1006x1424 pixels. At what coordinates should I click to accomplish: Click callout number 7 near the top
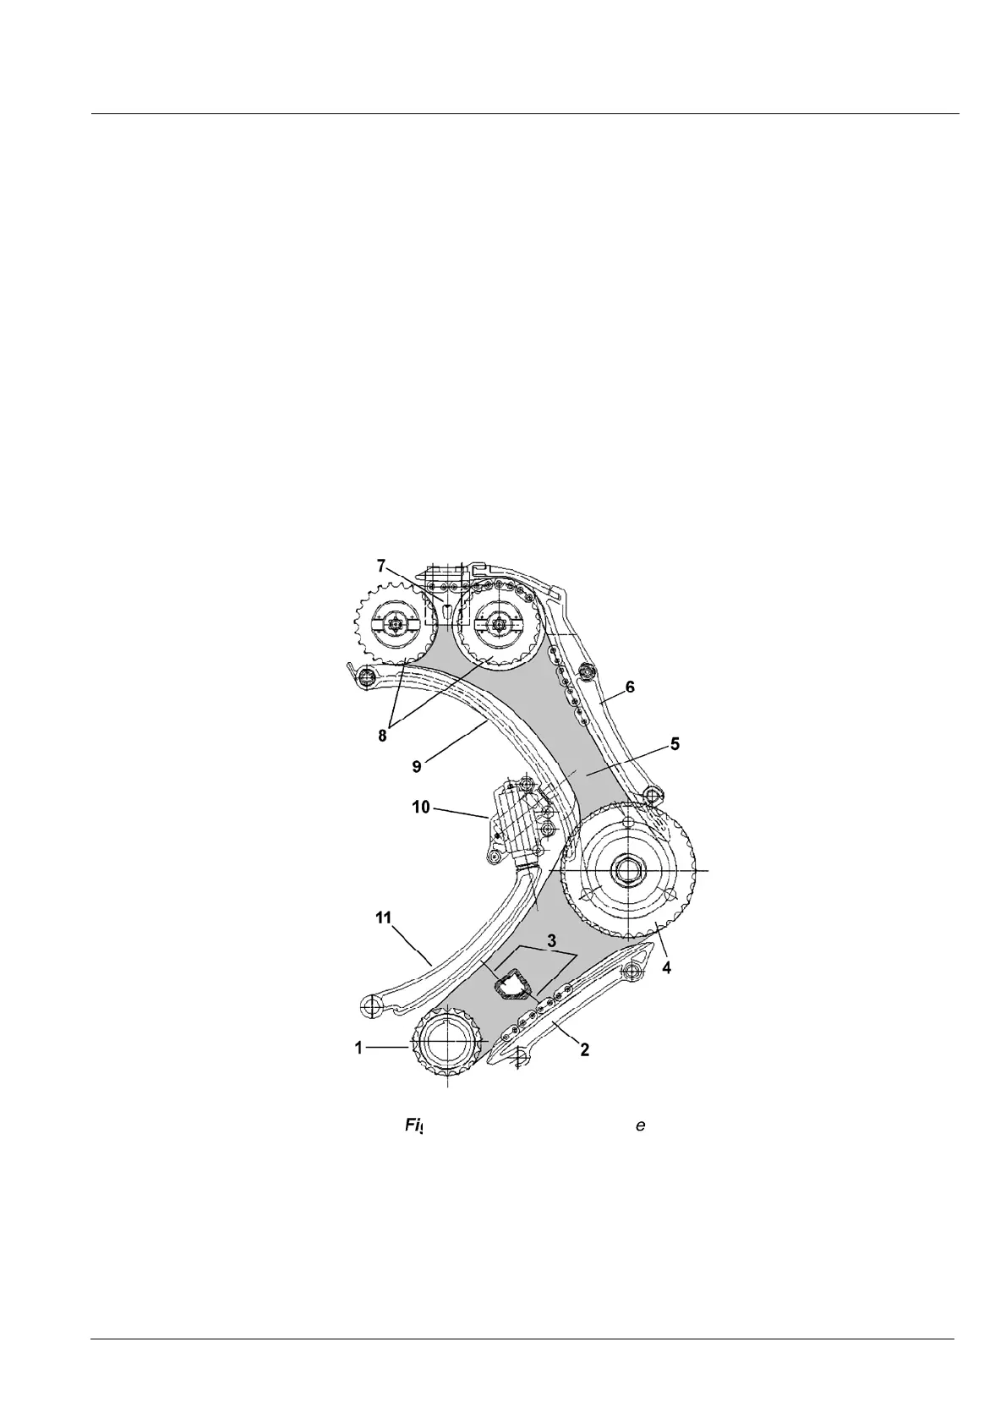381,564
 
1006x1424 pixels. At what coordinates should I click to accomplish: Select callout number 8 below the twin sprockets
383,735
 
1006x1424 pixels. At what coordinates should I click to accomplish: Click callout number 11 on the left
384,917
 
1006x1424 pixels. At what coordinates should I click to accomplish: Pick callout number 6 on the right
630,687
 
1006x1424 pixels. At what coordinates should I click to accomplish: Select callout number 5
675,744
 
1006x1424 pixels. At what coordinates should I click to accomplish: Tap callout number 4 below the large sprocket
667,968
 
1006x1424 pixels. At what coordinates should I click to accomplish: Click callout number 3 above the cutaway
551,939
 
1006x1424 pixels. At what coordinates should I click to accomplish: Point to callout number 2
584,1049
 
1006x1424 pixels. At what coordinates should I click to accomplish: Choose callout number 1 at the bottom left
358,1047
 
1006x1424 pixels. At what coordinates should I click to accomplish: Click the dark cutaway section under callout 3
511,986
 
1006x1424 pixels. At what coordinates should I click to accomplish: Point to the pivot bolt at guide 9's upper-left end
367,677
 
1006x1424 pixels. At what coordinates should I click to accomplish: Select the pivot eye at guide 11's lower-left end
369,1005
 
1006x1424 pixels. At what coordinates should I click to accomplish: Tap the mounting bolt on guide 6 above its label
588,673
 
